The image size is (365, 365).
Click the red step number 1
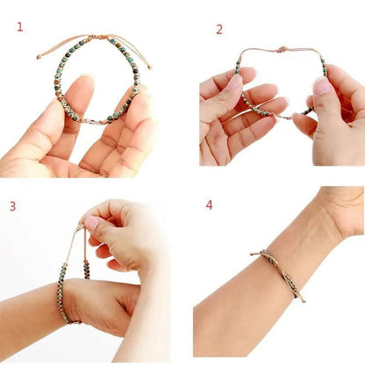point(20,27)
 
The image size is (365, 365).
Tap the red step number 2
point(219,29)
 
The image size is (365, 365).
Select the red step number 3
point(12,206)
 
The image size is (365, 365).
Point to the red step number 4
point(209,204)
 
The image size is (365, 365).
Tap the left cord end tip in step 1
point(39,58)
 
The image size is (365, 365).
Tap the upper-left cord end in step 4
point(253,254)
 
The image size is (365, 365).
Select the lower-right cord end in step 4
point(304,301)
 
